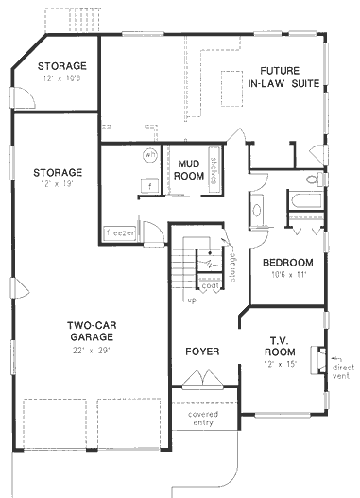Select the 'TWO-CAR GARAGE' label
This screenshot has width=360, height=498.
click(92, 330)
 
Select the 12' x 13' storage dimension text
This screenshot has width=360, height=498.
click(58, 186)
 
